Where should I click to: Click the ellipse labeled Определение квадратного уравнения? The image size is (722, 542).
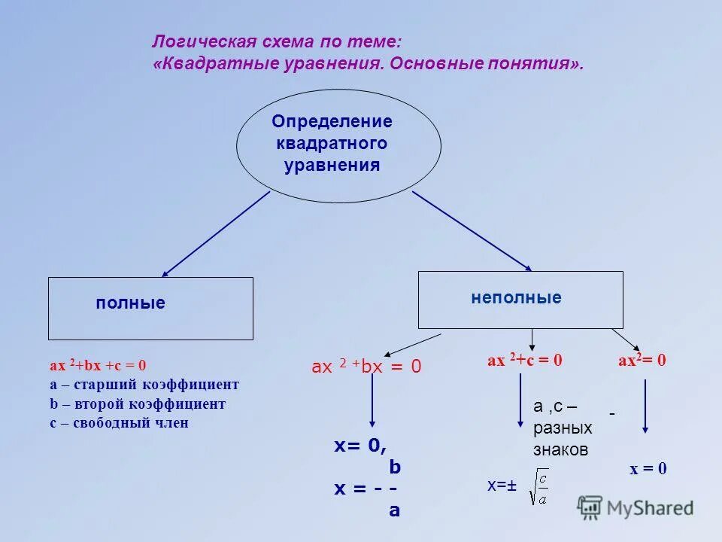[x=338, y=145]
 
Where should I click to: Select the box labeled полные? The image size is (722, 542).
[x=150, y=308]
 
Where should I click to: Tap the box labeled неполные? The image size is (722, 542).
[x=520, y=300]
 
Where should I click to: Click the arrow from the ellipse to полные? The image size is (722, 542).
[x=215, y=234]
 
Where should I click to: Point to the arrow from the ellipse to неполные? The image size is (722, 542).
[x=472, y=230]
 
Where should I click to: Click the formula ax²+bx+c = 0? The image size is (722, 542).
[x=98, y=366]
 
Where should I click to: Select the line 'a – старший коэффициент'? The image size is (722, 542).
[x=144, y=385]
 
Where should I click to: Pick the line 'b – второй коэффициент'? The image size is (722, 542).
[x=137, y=404]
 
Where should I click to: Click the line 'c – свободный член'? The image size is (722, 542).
[x=119, y=423]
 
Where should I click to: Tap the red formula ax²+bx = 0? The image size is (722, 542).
[x=366, y=367]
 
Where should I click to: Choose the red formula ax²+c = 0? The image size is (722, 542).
[x=525, y=361]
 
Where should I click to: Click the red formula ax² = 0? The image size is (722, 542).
[x=642, y=361]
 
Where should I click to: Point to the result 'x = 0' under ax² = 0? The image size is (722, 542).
[x=648, y=469]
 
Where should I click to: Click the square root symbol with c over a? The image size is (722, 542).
[x=538, y=486]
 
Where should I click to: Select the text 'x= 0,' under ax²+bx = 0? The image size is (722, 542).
[x=360, y=446]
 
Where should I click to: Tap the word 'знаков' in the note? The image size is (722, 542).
[x=561, y=450]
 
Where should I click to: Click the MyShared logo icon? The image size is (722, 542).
[x=590, y=507]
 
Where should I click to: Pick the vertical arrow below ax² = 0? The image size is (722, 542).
[x=645, y=406]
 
